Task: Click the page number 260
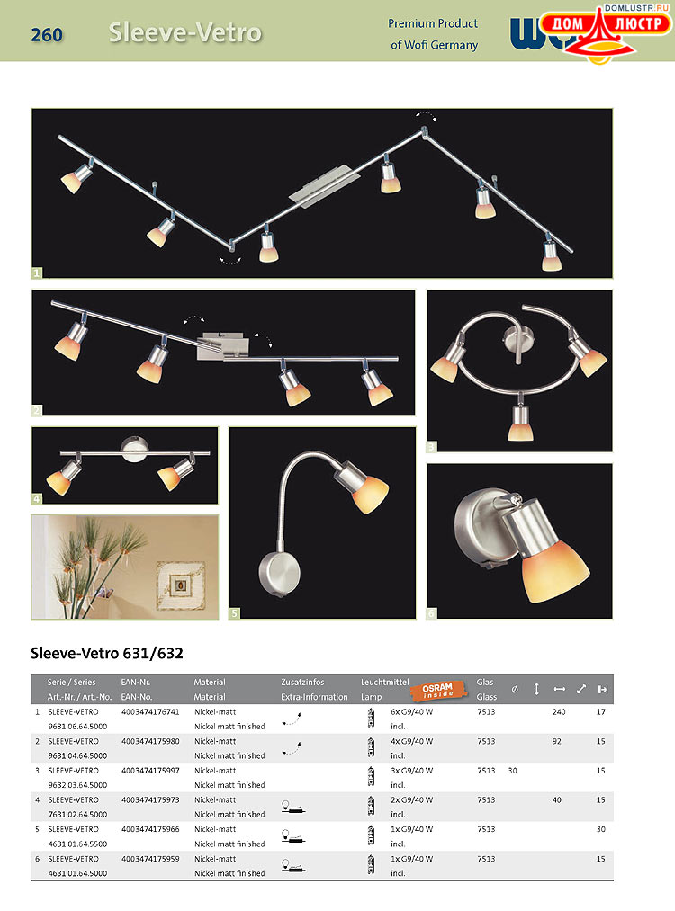point(47,35)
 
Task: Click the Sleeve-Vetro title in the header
point(184,33)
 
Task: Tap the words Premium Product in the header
point(433,23)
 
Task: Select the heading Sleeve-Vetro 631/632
point(107,653)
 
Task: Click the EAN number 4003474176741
point(150,711)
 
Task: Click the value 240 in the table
point(559,711)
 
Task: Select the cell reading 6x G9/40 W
point(412,711)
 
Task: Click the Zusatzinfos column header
point(302,683)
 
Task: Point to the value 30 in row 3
point(512,771)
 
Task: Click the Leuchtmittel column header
point(385,683)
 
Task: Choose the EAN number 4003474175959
point(150,859)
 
